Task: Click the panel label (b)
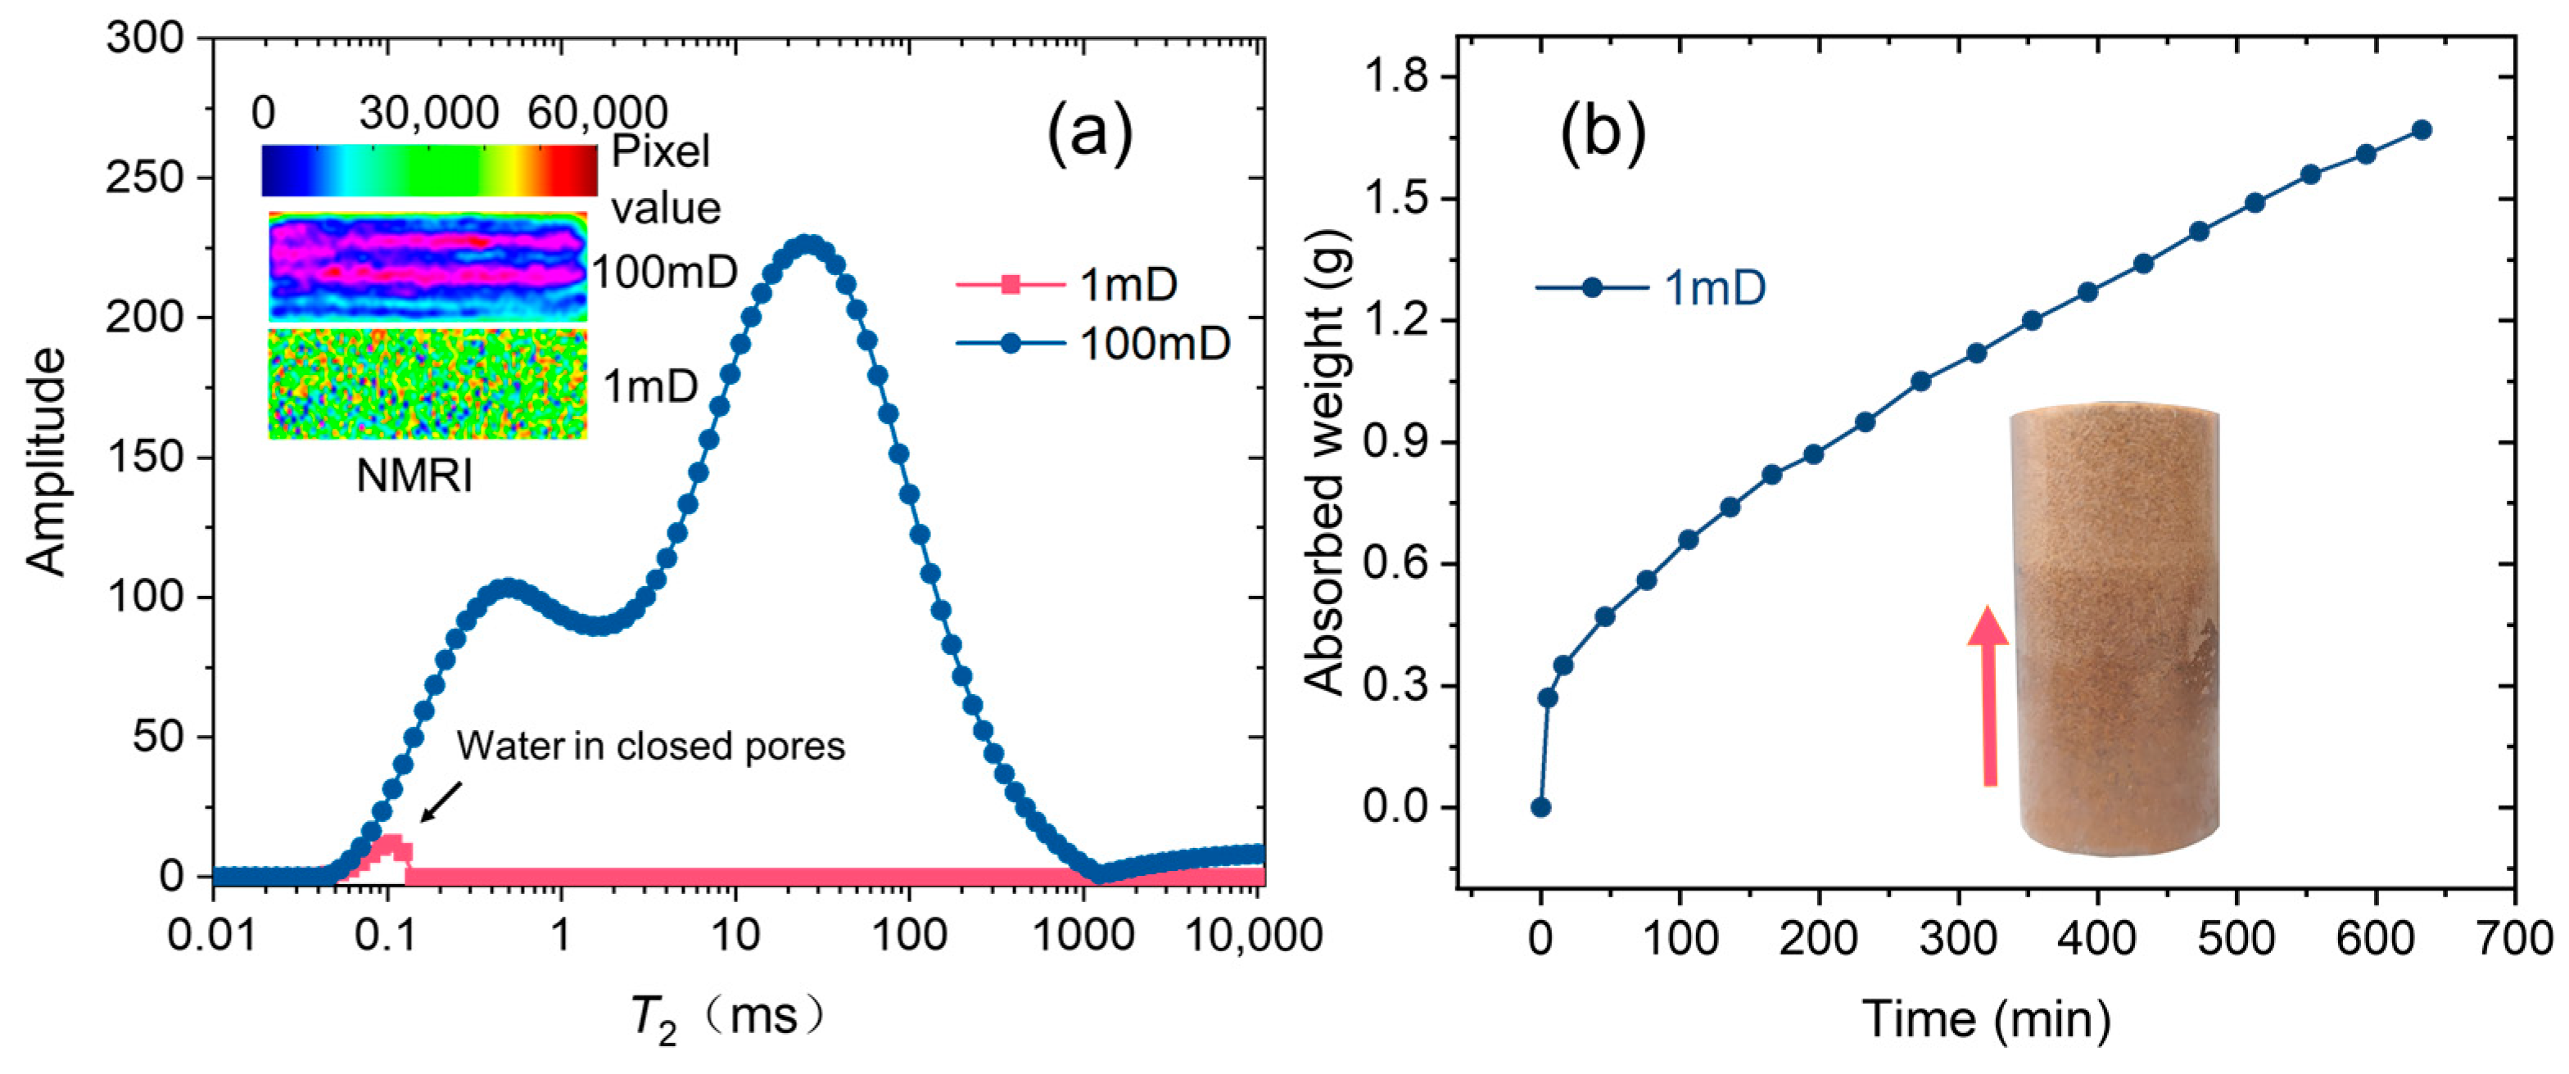click(x=1603, y=132)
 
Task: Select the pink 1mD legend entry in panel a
click(x=1066, y=285)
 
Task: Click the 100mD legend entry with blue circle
click(x=1093, y=344)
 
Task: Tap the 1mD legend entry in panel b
click(x=1650, y=288)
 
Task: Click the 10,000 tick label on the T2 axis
click(x=1253, y=936)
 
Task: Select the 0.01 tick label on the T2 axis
click(x=211, y=936)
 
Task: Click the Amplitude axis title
click(x=47, y=461)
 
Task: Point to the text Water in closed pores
click(x=650, y=746)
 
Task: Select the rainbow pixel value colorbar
click(x=429, y=169)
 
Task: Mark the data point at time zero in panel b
click(x=1540, y=808)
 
